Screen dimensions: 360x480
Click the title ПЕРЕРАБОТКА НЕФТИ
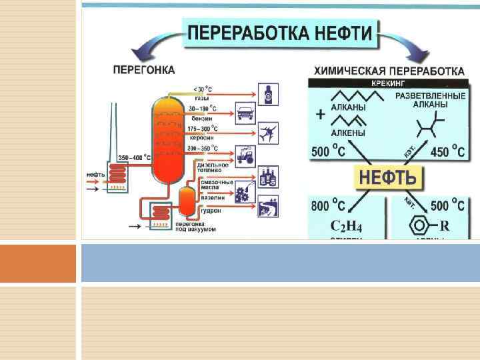tap(281, 33)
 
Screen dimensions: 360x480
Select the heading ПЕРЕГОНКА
tap(144, 69)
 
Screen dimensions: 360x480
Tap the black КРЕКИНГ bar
tap(389, 84)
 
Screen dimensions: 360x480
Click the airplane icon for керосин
tap(267, 134)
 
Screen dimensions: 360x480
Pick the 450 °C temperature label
tap(447, 151)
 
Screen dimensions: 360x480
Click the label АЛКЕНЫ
tap(347, 133)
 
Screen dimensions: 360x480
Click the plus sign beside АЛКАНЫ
tap(321, 115)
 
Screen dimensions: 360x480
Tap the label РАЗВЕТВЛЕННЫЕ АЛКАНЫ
tap(429, 101)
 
